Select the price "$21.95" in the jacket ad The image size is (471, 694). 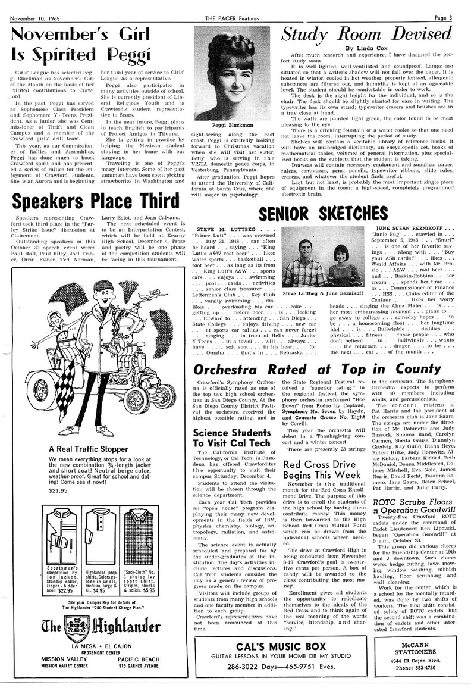pos(59,491)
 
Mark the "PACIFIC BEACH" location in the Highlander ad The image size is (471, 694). pos(143,659)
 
